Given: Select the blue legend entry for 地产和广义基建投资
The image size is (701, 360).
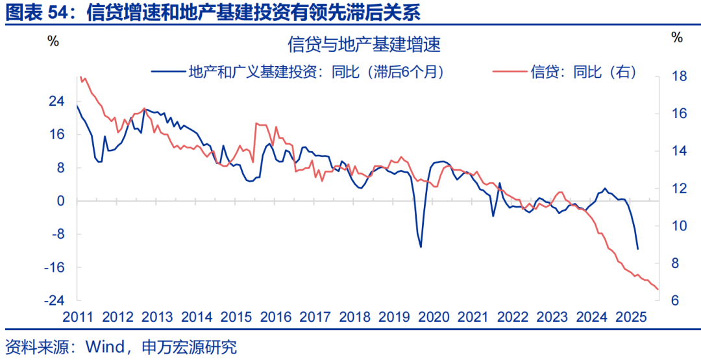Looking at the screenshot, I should click(299, 72).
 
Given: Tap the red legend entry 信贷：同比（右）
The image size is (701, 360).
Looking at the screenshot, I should click(565, 72).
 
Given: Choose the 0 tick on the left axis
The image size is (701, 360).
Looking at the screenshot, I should click(61, 201).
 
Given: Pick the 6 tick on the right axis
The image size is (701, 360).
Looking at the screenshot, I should click(675, 301).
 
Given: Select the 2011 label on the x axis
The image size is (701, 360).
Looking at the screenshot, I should click(77, 317).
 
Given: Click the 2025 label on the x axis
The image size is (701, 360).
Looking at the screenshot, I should click(630, 317).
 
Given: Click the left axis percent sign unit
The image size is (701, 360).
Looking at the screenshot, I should click(53, 40).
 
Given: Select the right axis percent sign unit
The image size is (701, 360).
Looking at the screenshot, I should click(677, 38).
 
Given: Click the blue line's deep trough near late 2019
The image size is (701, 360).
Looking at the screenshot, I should click(421, 246).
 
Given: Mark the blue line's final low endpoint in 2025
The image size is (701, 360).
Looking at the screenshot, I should click(638, 248).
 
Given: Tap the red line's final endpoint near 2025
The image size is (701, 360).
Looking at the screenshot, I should click(658, 289).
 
